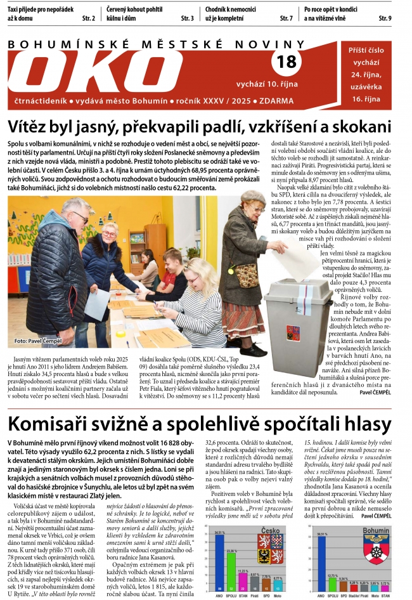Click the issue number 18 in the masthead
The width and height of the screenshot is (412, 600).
(x=286, y=62)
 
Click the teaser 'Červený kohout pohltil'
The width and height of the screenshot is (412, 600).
(x=134, y=10)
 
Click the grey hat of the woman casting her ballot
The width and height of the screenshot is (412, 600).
(x=253, y=197)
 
